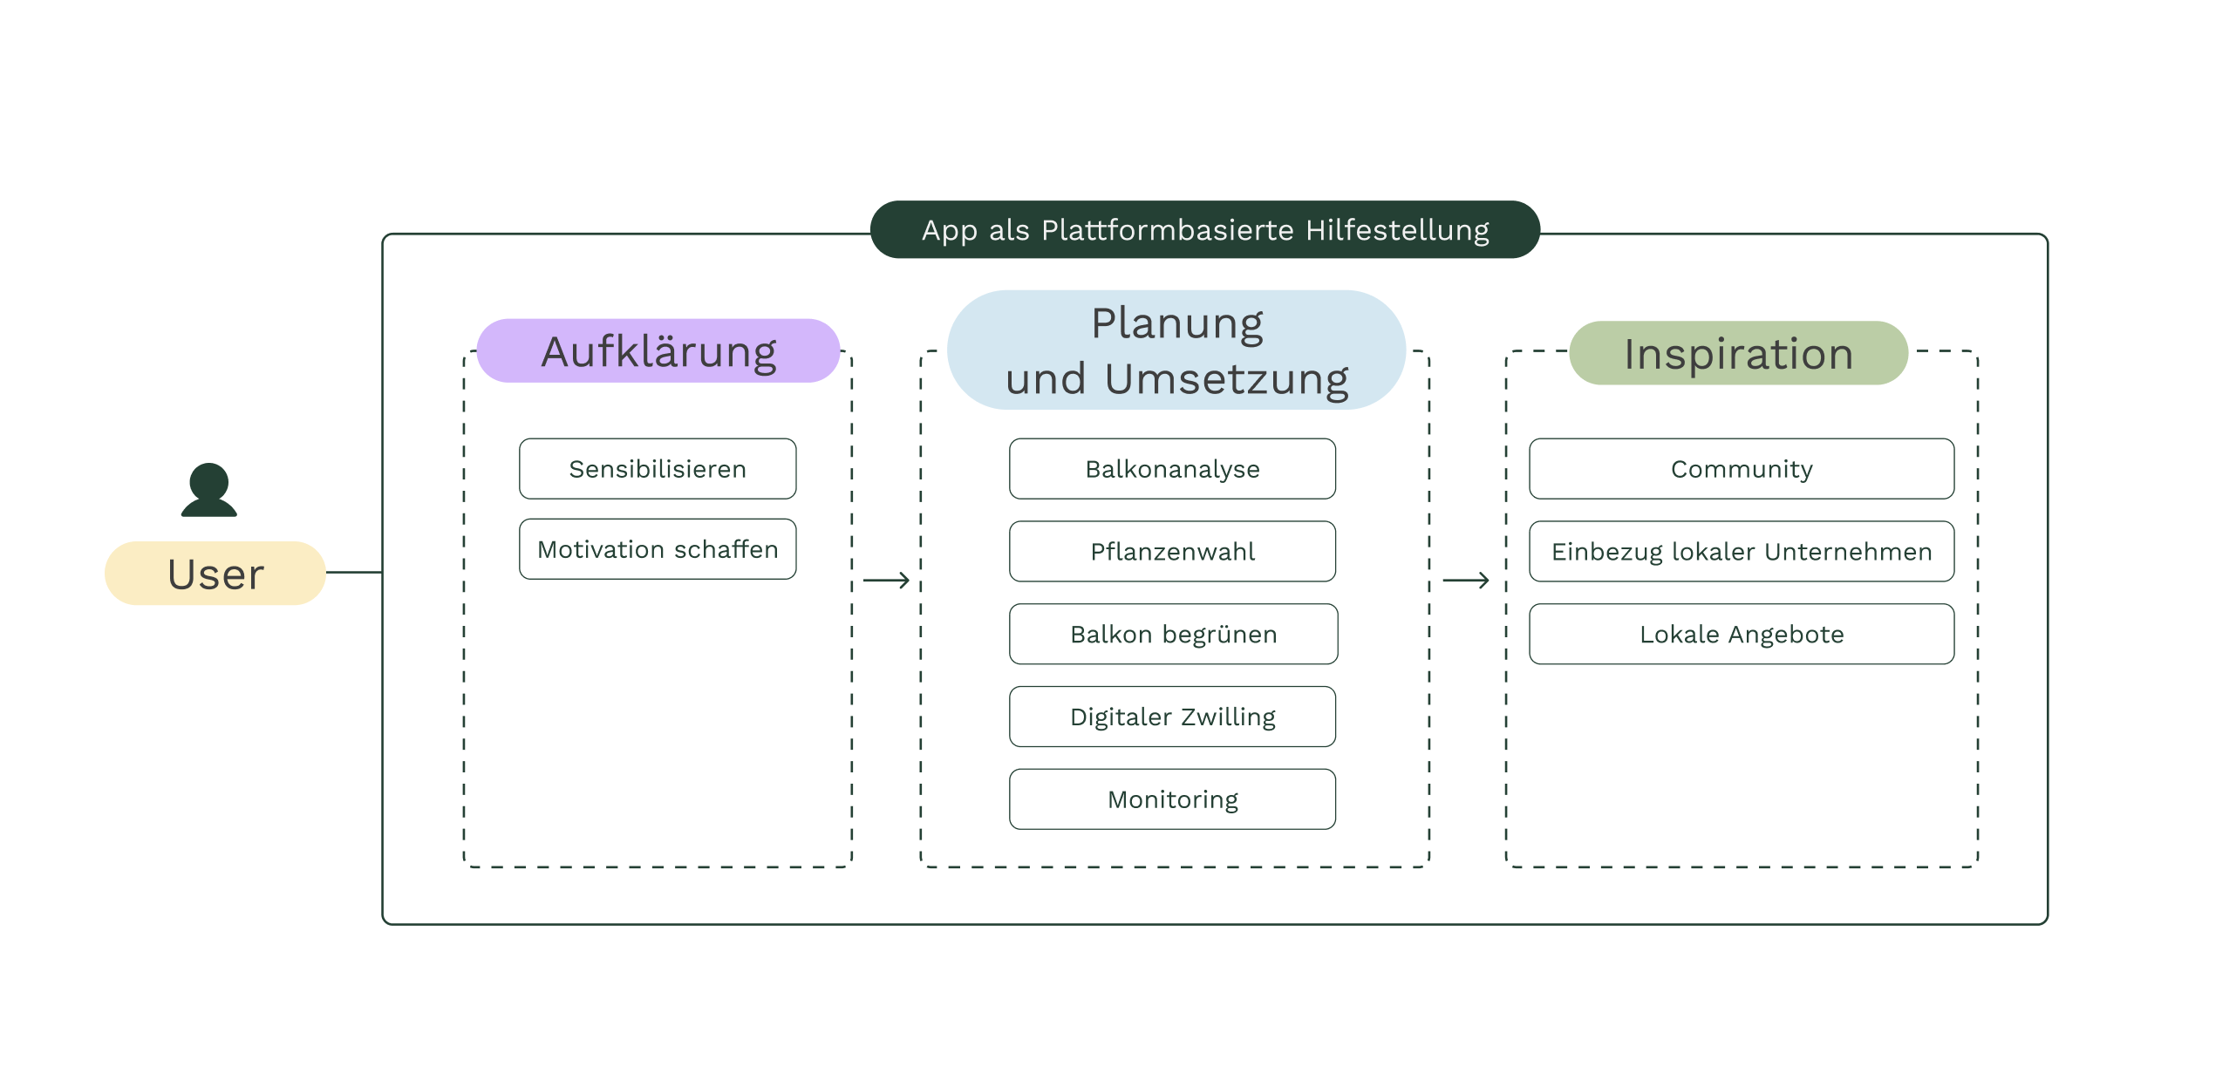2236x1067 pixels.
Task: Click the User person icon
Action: tap(209, 490)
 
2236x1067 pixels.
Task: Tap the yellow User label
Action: tap(215, 574)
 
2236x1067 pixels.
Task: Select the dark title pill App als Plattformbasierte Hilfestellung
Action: tap(1204, 230)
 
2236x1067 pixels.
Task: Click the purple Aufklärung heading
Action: tap(658, 351)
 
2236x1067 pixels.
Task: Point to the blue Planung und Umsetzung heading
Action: tap(1176, 350)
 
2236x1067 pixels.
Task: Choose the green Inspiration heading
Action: tap(1738, 353)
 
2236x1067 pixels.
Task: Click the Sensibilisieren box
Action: tap(658, 469)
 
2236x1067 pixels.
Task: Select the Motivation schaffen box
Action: tap(658, 549)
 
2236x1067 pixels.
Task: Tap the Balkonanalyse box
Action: tap(1172, 469)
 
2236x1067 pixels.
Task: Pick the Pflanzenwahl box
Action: tap(1172, 552)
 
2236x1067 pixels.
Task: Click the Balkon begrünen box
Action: tap(1173, 634)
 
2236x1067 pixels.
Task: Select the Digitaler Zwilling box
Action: tap(1172, 717)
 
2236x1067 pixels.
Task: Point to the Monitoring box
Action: tap(1172, 799)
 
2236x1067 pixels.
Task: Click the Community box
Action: tap(1742, 469)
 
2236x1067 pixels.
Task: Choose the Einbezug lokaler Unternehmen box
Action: tap(1742, 552)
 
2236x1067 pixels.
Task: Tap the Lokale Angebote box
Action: tap(1742, 634)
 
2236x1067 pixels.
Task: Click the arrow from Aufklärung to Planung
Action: tap(886, 581)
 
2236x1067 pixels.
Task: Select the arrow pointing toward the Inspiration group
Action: tap(1466, 581)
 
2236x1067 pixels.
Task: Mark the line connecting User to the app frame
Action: tap(354, 573)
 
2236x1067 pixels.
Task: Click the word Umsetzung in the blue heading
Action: tap(1226, 380)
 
